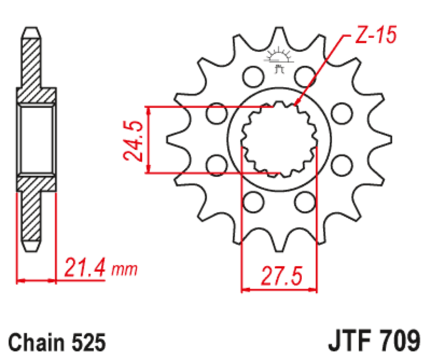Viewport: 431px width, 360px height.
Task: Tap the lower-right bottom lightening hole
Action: click(x=305, y=203)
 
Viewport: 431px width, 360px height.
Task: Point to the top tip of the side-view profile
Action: click(x=31, y=29)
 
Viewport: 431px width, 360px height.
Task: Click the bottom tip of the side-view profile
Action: click(x=31, y=249)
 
